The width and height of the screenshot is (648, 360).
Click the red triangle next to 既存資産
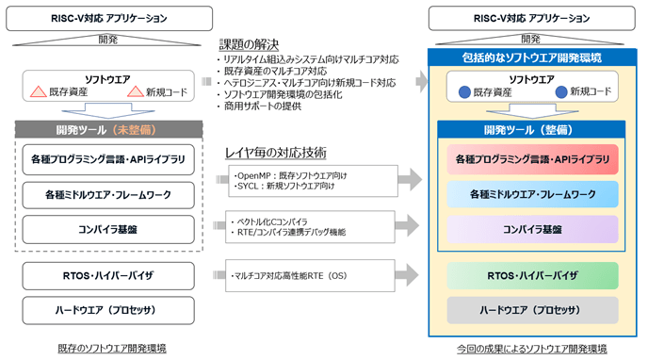click(x=39, y=92)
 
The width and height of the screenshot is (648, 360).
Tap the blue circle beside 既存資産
click(x=464, y=92)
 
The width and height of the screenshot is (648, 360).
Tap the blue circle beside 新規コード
click(x=561, y=92)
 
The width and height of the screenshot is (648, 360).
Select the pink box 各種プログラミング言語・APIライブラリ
click(x=532, y=159)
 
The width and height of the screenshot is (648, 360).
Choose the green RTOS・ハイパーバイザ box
click(x=532, y=275)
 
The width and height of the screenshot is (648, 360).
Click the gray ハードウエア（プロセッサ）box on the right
click(x=532, y=310)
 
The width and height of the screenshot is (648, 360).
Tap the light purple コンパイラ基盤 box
click(x=532, y=229)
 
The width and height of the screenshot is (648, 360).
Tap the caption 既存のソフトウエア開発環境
click(x=109, y=349)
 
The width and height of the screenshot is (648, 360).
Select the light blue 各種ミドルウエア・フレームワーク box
click(x=532, y=194)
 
